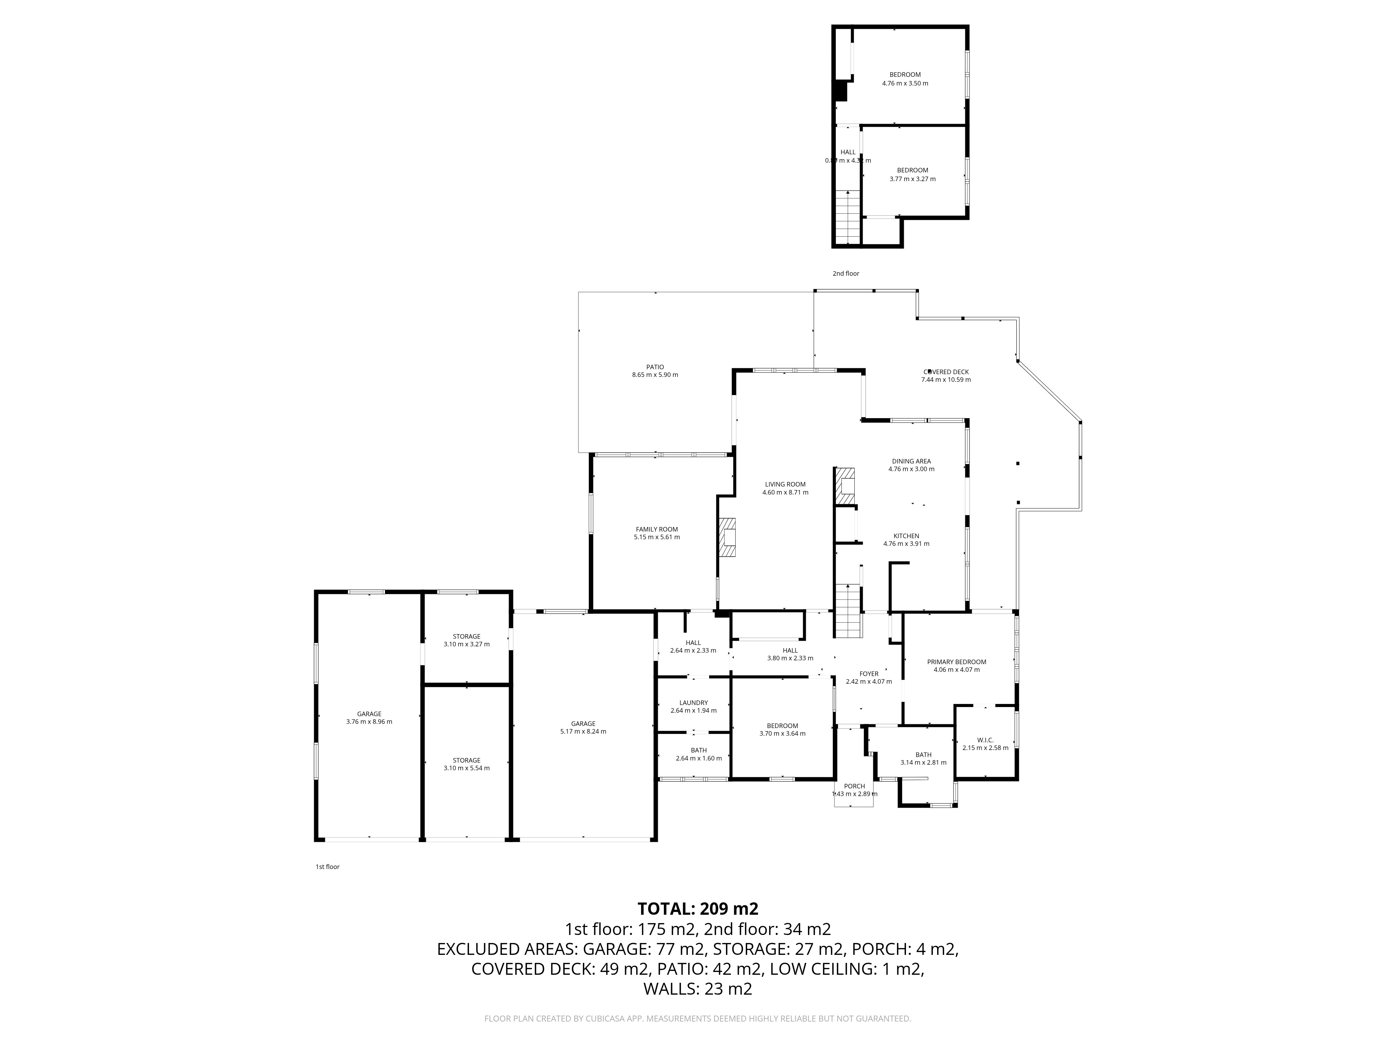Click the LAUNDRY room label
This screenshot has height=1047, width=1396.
pyautogui.click(x=693, y=703)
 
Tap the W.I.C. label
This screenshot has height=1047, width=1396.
pyautogui.click(x=985, y=740)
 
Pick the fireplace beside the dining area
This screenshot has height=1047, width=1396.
pyautogui.click(x=845, y=485)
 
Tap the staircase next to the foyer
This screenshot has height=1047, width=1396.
pyautogui.click(x=848, y=611)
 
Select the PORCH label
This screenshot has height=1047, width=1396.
pyautogui.click(x=854, y=786)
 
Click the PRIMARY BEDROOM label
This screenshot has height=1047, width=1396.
pyautogui.click(x=956, y=661)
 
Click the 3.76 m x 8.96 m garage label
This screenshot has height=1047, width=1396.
pyautogui.click(x=369, y=714)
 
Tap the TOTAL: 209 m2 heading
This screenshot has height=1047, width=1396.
pyautogui.click(x=697, y=909)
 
